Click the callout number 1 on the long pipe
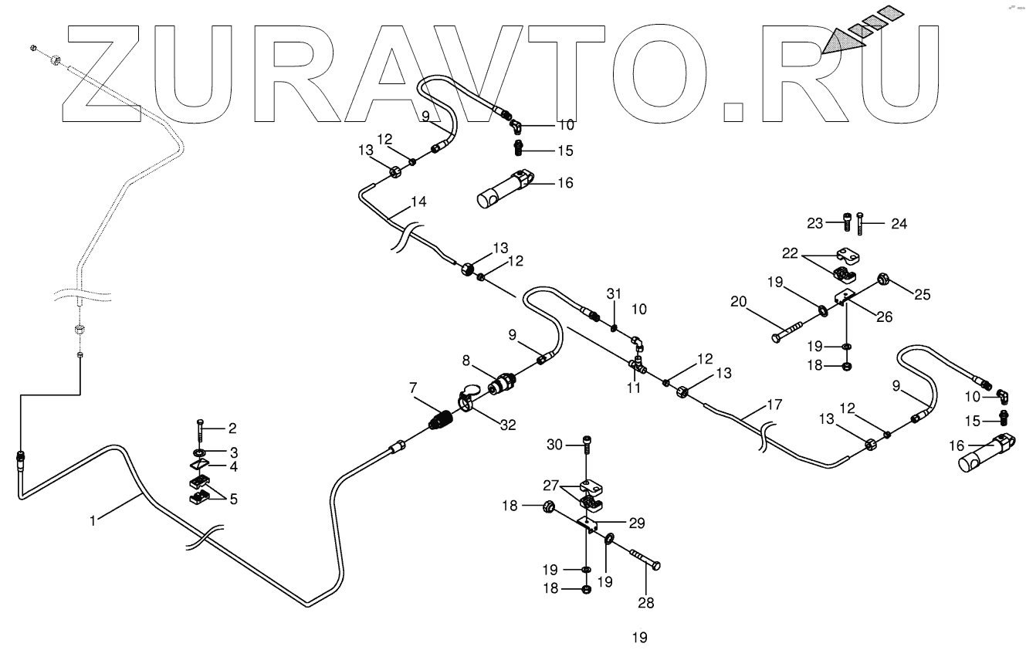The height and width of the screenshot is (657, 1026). point(93,521)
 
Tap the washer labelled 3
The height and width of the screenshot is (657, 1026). point(199,451)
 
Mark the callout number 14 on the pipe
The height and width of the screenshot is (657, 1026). point(418,202)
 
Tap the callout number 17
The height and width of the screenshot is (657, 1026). point(774,404)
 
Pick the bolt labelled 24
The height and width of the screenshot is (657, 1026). point(861,224)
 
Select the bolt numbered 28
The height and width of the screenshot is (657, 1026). point(643,558)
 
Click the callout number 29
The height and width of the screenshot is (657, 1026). point(636,523)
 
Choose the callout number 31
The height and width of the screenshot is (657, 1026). point(614,293)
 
